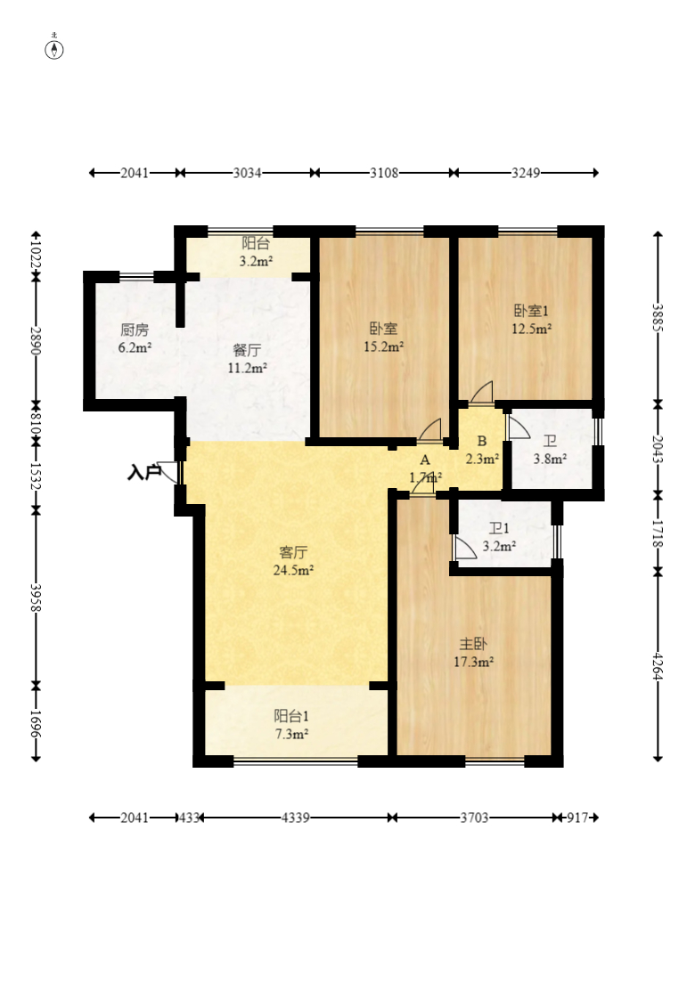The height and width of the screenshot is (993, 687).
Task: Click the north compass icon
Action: (x=54, y=48)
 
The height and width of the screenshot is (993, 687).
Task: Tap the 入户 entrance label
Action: (x=143, y=472)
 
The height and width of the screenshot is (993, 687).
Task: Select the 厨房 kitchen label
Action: (x=135, y=330)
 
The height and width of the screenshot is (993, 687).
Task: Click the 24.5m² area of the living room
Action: (x=293, y=570)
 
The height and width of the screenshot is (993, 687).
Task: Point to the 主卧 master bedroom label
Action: (x=473, y=644)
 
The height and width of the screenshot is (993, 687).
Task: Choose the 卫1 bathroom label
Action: (x=499, y=528)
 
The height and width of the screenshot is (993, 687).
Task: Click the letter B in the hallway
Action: (x=482, y=442)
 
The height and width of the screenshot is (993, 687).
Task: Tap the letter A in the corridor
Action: (x=425, y=460)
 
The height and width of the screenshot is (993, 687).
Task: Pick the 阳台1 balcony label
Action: (x=290, y=716)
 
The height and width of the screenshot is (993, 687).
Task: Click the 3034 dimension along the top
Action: (x=247, y=173)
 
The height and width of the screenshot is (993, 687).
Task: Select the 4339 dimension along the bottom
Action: (x=295, y=818)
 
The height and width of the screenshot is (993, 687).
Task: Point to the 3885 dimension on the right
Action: (x=658, y=318)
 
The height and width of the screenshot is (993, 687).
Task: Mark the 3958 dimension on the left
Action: (x=37, y=598)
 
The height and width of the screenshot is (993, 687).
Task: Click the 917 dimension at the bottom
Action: (x=577, y=818)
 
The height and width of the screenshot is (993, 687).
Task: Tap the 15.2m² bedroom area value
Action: (x=384, y=346)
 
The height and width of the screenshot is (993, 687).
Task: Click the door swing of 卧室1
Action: (x=481, y=393)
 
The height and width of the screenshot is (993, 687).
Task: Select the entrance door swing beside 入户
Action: (x=168, y=472)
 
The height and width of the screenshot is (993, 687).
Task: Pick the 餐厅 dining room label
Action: (x=247, y=350)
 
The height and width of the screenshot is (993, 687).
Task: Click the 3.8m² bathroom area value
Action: (x=550, y=460)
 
